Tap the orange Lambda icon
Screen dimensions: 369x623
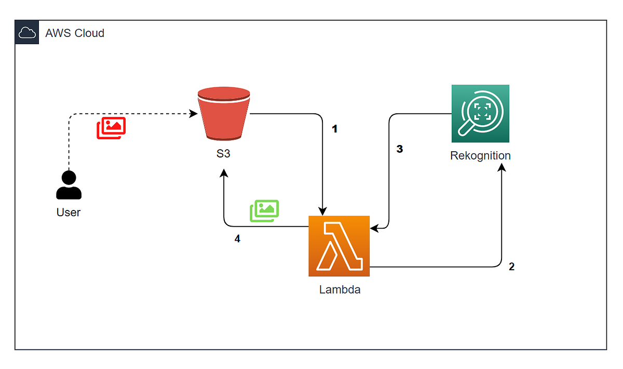339,246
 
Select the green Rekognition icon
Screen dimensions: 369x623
480,113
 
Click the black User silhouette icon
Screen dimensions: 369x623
69,185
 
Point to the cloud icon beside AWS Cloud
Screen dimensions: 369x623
26,33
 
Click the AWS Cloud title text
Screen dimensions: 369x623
75,33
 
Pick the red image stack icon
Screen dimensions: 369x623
111,128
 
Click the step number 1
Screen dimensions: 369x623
335,129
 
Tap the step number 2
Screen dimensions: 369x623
511,267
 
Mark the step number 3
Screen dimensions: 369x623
399,149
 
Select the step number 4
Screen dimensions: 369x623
237,240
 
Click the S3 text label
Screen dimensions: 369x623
223,155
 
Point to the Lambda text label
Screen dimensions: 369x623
340,289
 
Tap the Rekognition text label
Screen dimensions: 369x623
480,155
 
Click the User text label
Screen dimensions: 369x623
69,212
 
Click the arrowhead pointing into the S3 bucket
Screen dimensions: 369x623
194,113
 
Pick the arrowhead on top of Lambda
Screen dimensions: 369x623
323,212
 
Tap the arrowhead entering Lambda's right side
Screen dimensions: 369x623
374,228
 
